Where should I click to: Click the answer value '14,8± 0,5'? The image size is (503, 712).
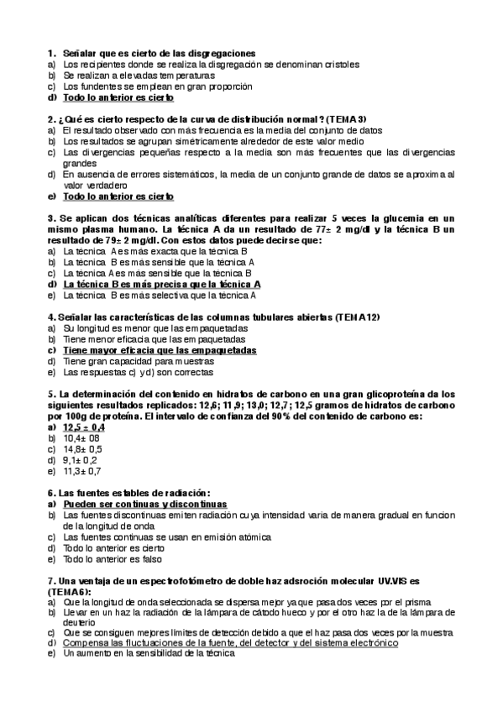83,448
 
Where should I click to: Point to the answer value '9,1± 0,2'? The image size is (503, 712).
81,459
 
